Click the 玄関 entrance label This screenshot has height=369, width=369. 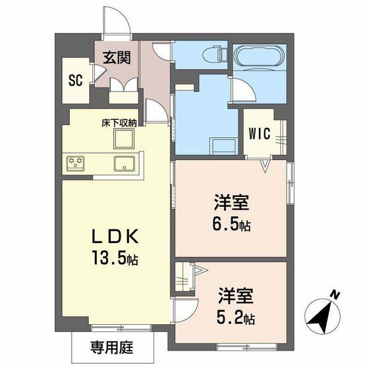pos(117,57)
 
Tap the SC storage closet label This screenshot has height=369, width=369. pos(76,80)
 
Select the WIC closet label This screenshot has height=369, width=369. pos(260,134)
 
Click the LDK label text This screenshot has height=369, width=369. pos(115,237)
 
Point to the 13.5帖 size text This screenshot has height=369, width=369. pos(115,258)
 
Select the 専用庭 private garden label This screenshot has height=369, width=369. pos(112,347)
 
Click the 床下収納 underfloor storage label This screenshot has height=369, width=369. pos(119,123)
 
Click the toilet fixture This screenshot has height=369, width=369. pos(215,55)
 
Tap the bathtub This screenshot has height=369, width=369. pos(260,57)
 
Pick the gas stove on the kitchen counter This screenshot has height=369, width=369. pos(75,162)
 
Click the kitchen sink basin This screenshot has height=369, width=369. pos(125,163)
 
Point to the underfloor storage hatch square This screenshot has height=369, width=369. pos(124,138)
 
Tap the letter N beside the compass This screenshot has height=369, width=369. pos(335,295)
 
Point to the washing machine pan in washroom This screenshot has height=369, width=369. pos(224,146)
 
